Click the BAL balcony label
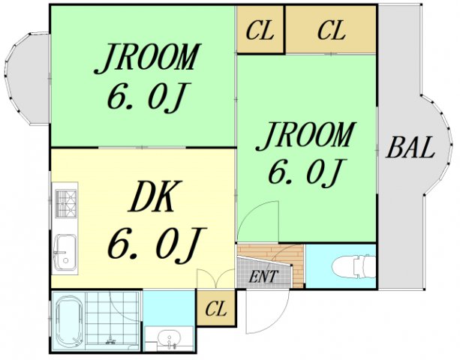[x=410, y=148]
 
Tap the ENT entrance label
[x=263, y=276]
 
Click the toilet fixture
[x=353, y=266]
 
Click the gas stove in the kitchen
[x=66, y=203]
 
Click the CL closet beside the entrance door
[x=216, y=307]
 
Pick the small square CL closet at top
[x=260, y=29]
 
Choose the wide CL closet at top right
[x=331, y=29]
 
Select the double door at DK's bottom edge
[x=216, y=278]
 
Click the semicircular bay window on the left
[x=27, y=79]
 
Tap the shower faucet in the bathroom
[x=110, y=340]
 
